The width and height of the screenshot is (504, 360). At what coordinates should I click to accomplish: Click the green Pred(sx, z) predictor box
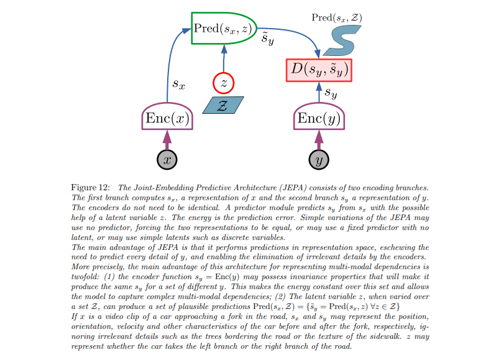[x=223, y=28]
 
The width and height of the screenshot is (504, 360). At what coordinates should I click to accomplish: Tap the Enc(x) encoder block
[x=167, y=118]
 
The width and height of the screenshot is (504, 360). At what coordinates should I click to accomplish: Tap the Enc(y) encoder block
[x=319, y=118]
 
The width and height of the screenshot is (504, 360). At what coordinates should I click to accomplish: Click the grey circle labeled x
[x=167, y=159]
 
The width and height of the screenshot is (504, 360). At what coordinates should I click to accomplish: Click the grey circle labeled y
[x=319, y=159]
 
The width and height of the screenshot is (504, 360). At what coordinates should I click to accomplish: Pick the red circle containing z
[x=222, y=83]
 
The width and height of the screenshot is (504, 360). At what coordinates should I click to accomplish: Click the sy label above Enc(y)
[x=331, y=93]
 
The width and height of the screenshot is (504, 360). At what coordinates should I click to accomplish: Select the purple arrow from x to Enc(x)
[x=167, y=139]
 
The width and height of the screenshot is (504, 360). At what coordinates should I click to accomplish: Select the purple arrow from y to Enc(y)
[x=319, y=139]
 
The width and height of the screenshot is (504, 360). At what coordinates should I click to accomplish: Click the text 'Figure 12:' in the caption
[x=91, y=187]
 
